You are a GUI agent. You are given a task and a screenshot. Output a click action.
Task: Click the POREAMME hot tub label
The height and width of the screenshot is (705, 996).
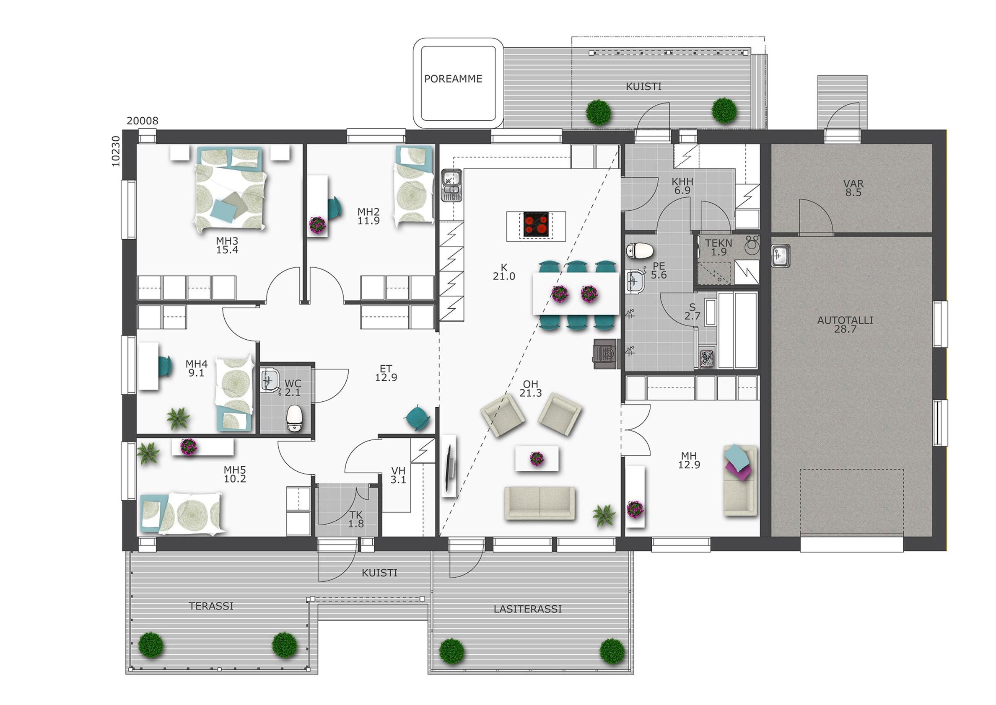pyautogui.click(x=453, y=79)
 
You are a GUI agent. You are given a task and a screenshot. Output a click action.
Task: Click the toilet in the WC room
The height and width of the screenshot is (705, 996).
pyautogui.click(x=295, y=418)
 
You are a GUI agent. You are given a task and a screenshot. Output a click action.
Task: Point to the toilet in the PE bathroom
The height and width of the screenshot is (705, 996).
pyautogui.click(x=640, y=250)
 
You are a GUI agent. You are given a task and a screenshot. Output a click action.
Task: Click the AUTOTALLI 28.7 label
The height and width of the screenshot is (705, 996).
pyautogui.click(x=845, y=325)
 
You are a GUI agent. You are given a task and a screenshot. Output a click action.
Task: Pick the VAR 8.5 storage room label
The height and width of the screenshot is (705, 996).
pyautogui.click(x=853, y=188)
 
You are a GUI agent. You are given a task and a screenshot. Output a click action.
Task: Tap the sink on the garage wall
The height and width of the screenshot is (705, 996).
pyautogui.click(x=781, y=255)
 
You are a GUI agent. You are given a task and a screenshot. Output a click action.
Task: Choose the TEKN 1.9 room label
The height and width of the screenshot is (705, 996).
pyautogui.click(x=718, y=247)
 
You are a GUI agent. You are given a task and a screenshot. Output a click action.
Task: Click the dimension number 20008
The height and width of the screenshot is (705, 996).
pyautogui.click(x=143, y=121)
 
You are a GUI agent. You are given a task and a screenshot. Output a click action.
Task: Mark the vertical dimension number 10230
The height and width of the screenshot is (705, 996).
pyautogui.click(x=116, y=151)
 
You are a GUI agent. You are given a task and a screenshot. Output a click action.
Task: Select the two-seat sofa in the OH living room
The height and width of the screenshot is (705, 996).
pyautogui.click(x=539, y=503)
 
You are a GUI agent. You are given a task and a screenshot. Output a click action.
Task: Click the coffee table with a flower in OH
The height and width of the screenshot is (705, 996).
pyautogui.click(x=537, y=458)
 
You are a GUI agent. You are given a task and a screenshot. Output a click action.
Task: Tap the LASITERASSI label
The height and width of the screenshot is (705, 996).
pyautogui.click(x=527, y=609)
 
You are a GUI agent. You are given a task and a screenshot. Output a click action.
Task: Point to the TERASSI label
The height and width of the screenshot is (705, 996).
pyautogui.click(x=211, y=606)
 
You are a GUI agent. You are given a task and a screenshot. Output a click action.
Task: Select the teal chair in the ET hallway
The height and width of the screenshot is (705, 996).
pyautogui.click(x=418, y=418)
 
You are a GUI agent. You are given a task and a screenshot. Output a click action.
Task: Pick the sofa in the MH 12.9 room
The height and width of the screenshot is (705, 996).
pyautogui.click(x=740, y=480)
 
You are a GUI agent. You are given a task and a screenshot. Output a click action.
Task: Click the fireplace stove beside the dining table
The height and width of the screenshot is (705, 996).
pyautogui.click(x=605, y=354)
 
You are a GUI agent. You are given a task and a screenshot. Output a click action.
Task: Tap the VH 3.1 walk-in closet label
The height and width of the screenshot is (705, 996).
pyautogui.click(x=398, y=475)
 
